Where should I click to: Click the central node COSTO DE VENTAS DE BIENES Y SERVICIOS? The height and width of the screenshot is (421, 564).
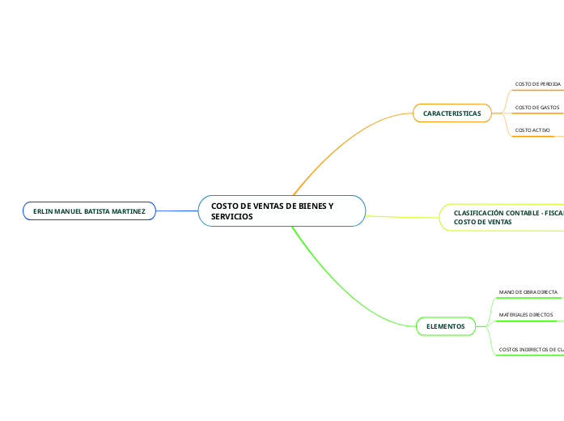click(282, 211)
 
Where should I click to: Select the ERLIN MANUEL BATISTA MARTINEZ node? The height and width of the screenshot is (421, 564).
click(89, 211)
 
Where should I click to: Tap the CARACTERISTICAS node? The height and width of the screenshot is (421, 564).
click(452, 114)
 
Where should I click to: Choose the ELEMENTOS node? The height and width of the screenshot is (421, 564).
click(445, 326)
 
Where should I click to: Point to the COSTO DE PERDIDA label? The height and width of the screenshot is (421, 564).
click(537, 84)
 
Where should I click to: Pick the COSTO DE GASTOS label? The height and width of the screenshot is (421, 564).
click(537, 107)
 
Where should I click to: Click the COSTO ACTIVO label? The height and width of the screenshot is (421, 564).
click(532, 130)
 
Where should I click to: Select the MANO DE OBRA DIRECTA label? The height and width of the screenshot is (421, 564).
click(528, 291)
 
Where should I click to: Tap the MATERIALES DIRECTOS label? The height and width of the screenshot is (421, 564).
click(526, 314)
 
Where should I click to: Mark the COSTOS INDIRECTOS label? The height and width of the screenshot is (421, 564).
click(531, 350)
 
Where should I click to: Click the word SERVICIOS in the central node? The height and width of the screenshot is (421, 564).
click(231, 217)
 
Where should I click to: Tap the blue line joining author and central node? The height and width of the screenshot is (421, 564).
click(176, 211)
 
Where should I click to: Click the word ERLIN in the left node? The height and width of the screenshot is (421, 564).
click(42, 211)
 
